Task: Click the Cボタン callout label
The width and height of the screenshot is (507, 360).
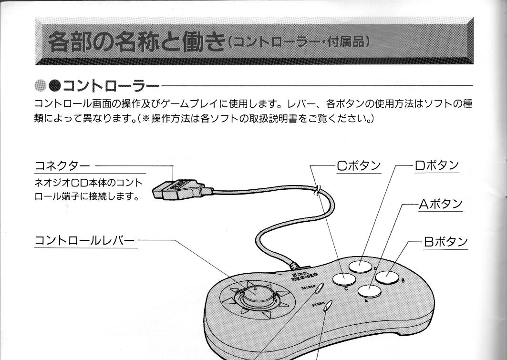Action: click(x=359, y=165)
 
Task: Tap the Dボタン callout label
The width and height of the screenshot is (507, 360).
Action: click(x=436, y=165)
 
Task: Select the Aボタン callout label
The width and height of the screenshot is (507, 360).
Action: click(x=441, y=204)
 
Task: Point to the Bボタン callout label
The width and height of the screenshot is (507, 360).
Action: click(x=445, y=241)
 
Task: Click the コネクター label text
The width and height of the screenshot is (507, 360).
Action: click(x=62, y=166)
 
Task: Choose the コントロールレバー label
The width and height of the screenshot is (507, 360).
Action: click(x=84, y=241)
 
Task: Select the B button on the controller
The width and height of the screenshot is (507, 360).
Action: click(x=386, y=277)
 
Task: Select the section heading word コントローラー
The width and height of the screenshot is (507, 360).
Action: click(x=110, y=86)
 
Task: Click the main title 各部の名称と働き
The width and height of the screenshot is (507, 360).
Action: click(x=135, y=43)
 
